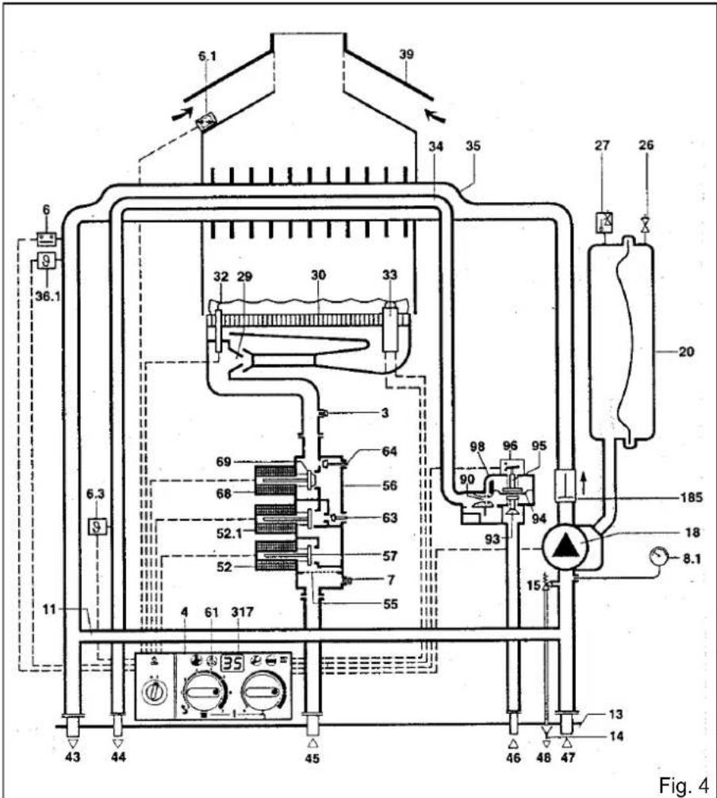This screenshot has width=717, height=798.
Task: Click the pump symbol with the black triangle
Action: (x=565, y=547)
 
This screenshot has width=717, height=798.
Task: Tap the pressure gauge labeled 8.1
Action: (x=659, y=558)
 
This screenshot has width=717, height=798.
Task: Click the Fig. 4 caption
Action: (x=683, y=785)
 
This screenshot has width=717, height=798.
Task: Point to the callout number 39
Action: (x=406, y=54)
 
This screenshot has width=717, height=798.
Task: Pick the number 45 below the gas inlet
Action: (x=312, y=758)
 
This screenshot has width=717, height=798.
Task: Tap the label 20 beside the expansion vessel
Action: (x=686, y=351)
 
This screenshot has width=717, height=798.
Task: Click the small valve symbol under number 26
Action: (x=646, y=224)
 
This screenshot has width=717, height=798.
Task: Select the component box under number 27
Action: (x=604, y=221)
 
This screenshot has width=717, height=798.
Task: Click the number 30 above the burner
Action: (x=319, y=275)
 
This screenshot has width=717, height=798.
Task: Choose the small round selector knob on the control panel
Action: (x=155, y=691)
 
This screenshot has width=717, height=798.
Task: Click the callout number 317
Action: (x=242, y=612)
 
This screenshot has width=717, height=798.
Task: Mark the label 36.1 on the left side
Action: (x=48, y=296)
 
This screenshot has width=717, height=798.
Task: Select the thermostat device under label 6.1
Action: (x=206, y=122)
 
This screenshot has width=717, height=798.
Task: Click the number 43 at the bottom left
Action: (x=73, y=758)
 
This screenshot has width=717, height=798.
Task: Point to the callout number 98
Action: (x=477, y=447)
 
